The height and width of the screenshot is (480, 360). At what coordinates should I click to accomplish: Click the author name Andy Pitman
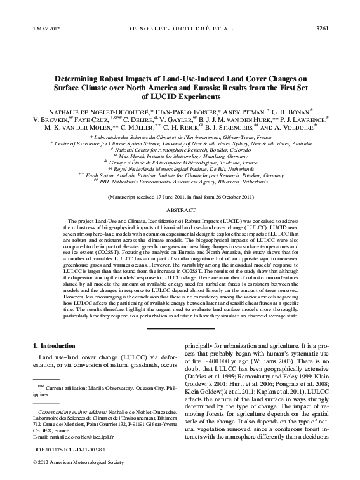tap(237, 110)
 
